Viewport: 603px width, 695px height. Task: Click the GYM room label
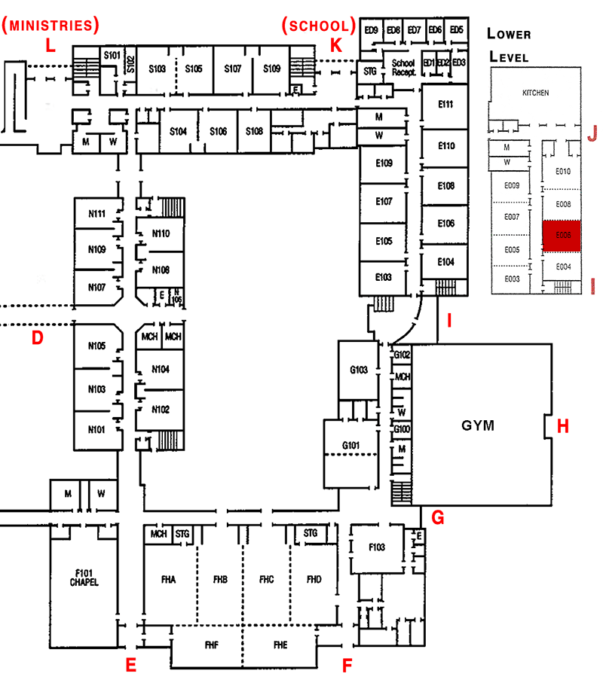pyautogui.click(x=478, y=425)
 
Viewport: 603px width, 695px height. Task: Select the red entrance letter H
pyautogui.click(x=562, y=426)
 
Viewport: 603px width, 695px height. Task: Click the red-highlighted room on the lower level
pyautogui.click(x=562, y=235)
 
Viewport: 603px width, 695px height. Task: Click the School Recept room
pyautogui.click(x=403, y=67)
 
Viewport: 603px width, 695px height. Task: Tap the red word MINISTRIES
pyautogui.click(x=51, y=26)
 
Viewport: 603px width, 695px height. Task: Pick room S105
pyautogui.click(x=194, y=69)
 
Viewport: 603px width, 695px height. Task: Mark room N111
pyautogui.click(x=96, y=214)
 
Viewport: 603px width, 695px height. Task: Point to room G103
pyautogui.click(x=359, y=370)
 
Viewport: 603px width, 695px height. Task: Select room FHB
pyautogui.click(x=220, y=580)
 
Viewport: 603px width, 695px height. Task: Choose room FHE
pyautogui.click(x=280, y=645)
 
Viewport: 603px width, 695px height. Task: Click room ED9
pyautogui.click(x=370, y=30)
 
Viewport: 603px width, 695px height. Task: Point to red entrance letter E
pyautogui.click(x=130, y=665)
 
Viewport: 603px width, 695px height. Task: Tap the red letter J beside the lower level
pyautogui.click(x=592, y=133)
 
